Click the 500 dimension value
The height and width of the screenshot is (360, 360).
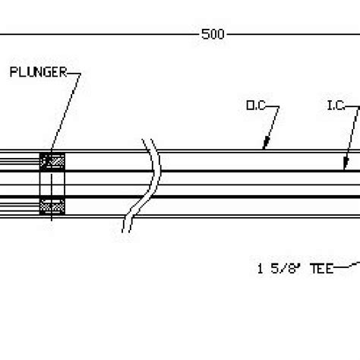point(212,35)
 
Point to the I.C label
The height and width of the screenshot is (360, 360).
point(336,108)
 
